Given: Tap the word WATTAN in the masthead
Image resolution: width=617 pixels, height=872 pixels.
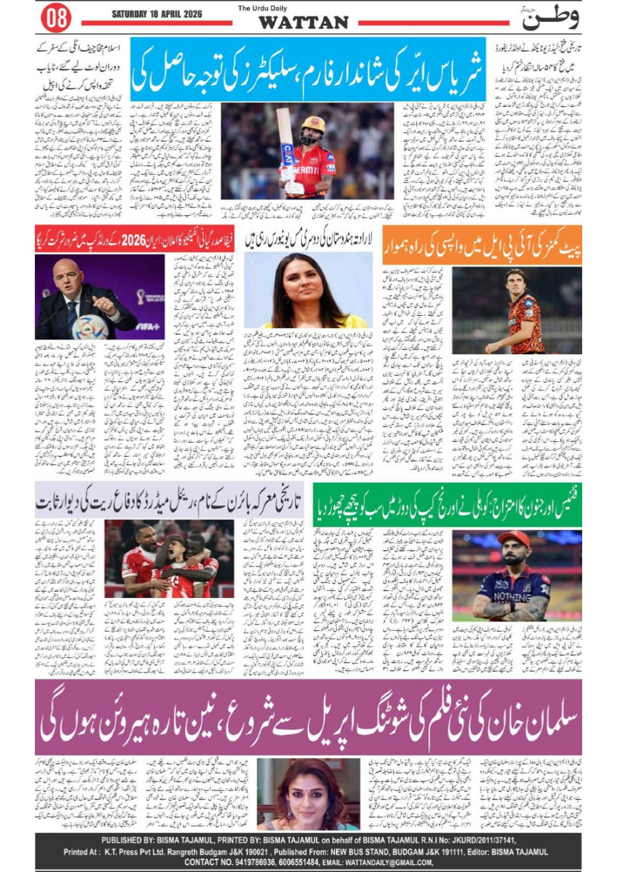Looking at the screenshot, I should click(303, 22).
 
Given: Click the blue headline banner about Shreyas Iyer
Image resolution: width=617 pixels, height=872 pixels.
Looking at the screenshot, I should click(308, 75).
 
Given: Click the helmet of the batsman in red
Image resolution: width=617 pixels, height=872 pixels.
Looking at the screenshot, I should click(314, 127).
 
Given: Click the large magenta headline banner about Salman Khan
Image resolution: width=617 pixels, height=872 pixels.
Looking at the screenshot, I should click(308, 717).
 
